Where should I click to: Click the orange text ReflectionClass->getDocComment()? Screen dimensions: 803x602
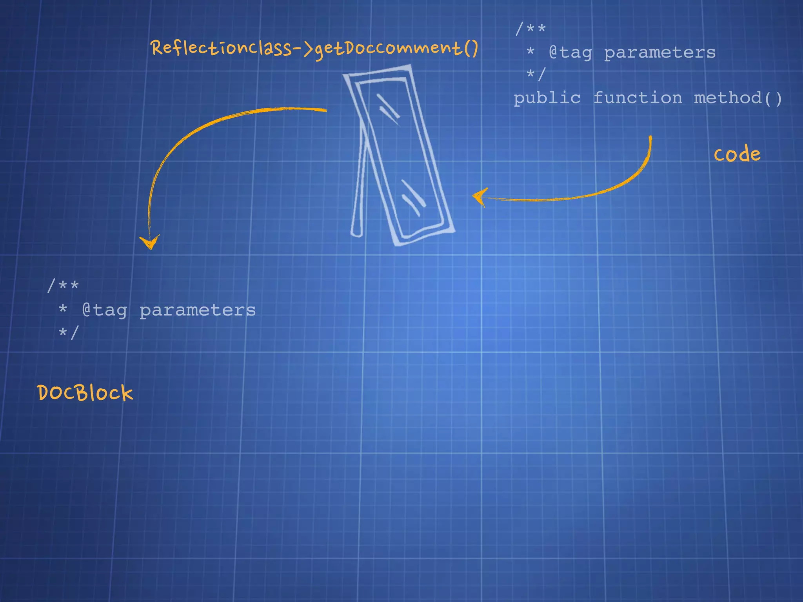[x=314, y=49]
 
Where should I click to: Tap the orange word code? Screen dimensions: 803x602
[x=737, y=154]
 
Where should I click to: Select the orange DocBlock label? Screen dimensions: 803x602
[x=85, y=393]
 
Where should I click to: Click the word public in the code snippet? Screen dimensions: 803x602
[x=547, y=98]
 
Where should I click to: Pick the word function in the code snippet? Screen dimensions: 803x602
[x=638, y=98]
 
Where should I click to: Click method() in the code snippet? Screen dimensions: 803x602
[x=738, y=98]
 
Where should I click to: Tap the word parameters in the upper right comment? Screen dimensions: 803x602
[x=660, y=53]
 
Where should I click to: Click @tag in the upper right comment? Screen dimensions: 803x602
[x=570, y=53]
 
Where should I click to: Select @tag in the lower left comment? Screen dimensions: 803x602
[x=104, y=310]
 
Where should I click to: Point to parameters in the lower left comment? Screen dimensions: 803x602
[x=198, y=310]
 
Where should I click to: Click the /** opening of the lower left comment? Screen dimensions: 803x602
[x=63, y=285]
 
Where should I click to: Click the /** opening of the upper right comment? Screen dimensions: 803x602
[x=530, y=28]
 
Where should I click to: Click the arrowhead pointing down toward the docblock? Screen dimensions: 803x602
[x=149, y=242]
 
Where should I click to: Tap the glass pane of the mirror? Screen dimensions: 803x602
[x=400, y=157]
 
